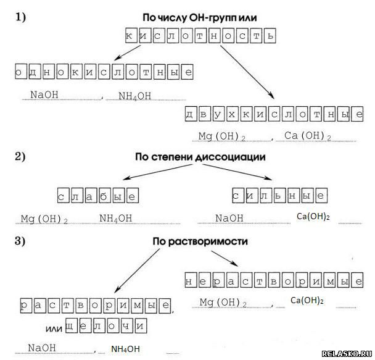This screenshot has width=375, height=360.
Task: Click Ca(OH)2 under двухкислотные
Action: [308, 136]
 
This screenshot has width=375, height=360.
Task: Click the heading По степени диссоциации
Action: [200, 157]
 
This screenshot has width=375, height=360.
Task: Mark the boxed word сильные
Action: [279, 196]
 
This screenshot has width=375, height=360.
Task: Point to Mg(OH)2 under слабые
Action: [44, 219]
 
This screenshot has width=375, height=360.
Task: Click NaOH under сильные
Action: [229, 217]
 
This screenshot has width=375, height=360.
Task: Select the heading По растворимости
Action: [200, 241]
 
